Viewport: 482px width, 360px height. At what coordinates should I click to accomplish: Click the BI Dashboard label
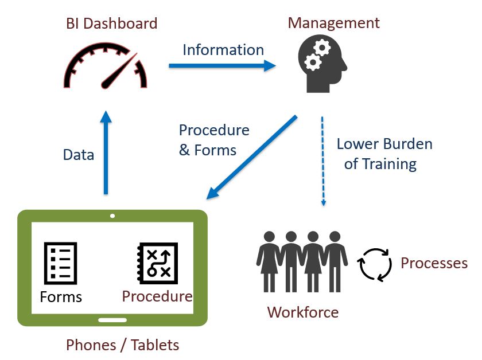click(x=112, y=24)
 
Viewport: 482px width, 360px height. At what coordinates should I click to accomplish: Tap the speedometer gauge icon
click(x=105, y=68)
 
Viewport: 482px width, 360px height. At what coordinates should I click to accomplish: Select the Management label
click(x=333, y=23)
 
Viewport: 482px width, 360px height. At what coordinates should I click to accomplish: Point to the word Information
click(x=223, y=50)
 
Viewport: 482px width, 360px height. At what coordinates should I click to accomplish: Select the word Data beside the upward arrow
click(x=79, y=155)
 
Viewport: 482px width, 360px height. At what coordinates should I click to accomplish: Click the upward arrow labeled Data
click(x=106, y=152)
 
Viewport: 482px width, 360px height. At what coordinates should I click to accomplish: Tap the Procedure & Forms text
click(x=214, y=140)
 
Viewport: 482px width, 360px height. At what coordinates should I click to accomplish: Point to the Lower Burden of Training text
click(x=384, y=154)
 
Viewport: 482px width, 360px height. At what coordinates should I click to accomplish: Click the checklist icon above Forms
click(x=60, y=264)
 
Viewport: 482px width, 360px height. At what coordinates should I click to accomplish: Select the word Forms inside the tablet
click(x=61, y=297)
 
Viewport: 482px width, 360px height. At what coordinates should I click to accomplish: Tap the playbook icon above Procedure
click(x=157, y=264)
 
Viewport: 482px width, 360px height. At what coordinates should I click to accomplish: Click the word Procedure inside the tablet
click(x=157, y=296)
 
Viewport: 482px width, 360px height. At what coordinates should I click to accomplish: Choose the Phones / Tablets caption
click(x=123, y=345)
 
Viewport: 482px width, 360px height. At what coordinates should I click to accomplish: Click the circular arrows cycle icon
click(x=375, y=264)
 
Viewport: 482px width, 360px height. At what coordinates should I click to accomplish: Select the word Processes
click(x=434, y=263)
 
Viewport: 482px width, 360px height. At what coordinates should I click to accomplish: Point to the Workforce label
click(x=302, y=312)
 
